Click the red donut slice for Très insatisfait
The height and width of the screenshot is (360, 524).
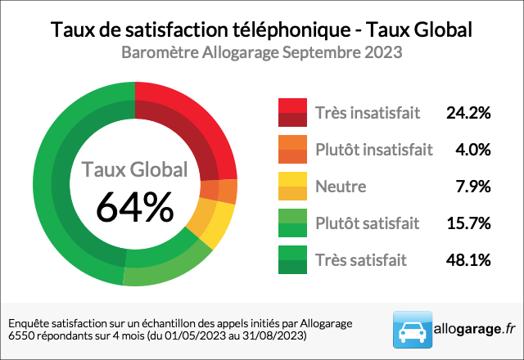click(x=196, y=123)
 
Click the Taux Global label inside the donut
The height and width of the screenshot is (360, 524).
click(x=134, y=170)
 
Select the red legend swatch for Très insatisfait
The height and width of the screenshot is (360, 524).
click(x=292, y=113)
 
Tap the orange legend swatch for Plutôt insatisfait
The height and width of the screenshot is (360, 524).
click(x=292, y=150)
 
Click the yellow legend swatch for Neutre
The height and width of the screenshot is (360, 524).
click(x=292, y=187)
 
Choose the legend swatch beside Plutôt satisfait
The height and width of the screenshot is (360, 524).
click(x=292, y=223)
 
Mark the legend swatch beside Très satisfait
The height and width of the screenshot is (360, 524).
click(x=292, y=260)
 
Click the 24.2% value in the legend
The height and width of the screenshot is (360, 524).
click(x=468, y=113)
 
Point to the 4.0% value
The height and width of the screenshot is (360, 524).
click(x=472, y=150)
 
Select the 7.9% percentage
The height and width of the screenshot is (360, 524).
click(x=472, y=187)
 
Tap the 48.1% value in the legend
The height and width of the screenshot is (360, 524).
click(x=468, y=260)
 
